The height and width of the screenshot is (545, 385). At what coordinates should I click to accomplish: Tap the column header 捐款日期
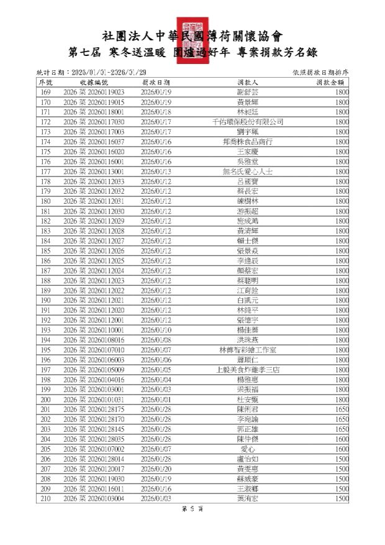pos(156,82)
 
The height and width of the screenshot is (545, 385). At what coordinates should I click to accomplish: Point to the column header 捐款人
pos(247,82)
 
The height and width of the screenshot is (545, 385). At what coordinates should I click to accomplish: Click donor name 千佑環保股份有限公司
pos(247,122)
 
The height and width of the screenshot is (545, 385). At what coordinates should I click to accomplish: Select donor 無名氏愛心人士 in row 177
pos(247,172)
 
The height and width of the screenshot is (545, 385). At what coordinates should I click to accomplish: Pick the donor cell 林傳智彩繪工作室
pos(247,350)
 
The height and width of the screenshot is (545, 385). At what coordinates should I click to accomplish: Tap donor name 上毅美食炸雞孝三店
pos(247,370)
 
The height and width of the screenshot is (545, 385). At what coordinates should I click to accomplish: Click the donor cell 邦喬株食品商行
pos(247,142)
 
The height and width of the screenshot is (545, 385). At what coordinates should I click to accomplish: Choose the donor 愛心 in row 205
pos(247,449)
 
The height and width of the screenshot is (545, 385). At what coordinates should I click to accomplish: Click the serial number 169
pos(45,92)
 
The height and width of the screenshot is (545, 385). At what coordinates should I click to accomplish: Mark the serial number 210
pos(45,499)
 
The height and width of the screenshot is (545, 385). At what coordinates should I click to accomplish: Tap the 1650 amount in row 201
pos(342,410)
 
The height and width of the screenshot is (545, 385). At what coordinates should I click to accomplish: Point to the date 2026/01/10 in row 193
pos(156,330)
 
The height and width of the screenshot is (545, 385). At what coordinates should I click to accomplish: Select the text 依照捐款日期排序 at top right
pos(320,72)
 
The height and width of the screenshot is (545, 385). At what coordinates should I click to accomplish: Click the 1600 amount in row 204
pos(342,439)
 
